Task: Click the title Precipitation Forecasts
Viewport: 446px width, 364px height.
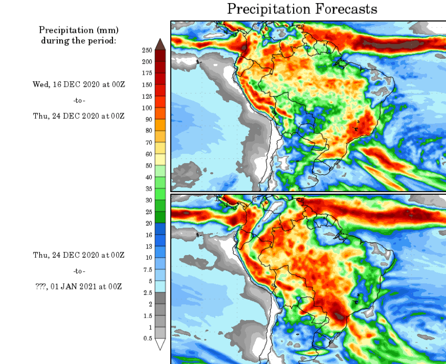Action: coord(302,9)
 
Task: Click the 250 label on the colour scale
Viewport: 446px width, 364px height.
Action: coord(147,50)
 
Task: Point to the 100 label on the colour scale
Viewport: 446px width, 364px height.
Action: coord(147,108)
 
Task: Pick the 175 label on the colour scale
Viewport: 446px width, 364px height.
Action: coord(147,73)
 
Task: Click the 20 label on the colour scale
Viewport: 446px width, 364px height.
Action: coord(148,223)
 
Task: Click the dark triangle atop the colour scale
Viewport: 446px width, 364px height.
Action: coord(160,44)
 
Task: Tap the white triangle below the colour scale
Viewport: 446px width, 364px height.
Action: coord(160,344)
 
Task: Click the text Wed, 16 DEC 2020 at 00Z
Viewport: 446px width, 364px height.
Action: coord(79,84)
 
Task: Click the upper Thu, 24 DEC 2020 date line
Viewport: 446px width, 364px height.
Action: coord(79,116)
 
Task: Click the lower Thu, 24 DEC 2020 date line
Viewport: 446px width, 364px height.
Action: coord(79,255)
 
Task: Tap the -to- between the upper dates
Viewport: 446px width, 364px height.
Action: coord(79,100)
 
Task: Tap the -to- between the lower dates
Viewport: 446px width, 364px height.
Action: coord(79,271)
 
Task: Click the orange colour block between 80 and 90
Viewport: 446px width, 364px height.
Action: coord(160,125)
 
